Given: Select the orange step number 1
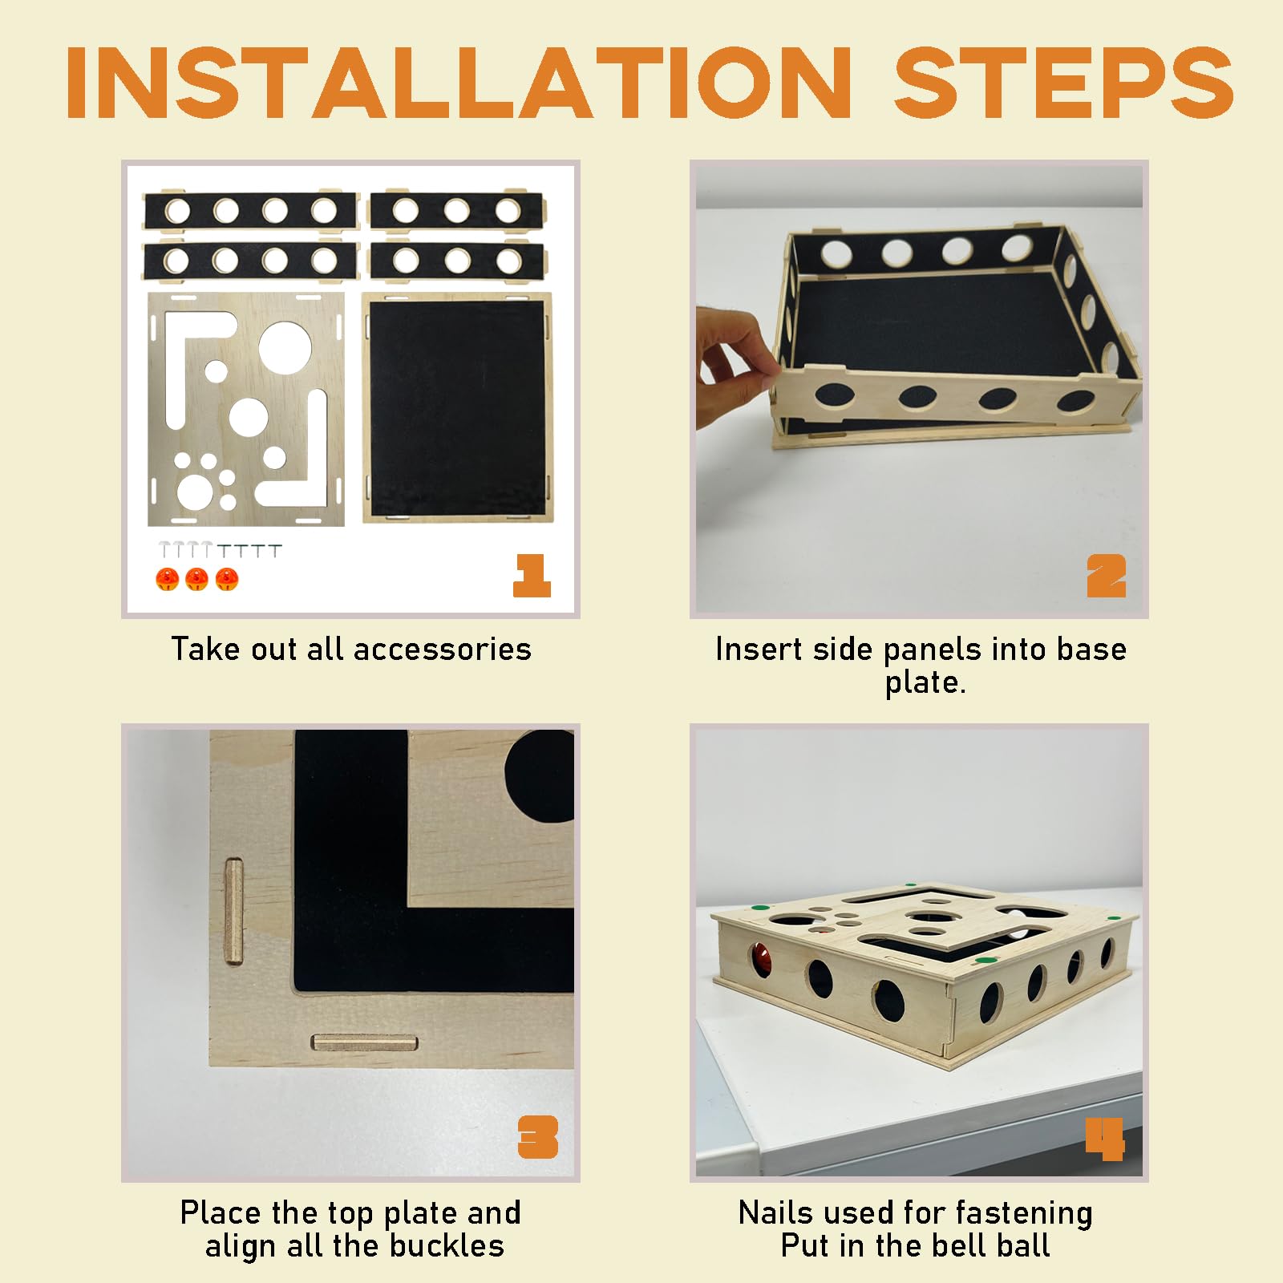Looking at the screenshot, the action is (x=532, y=575).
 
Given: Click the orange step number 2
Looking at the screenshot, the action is (x=1107, y=576).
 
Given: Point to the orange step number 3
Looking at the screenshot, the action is (x=538, y=1137).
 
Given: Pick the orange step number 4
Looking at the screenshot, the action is (x=1105, y=1139).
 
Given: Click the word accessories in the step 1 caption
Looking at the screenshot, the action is (x=442, y=650).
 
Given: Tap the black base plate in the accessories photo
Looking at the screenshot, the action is (x=457, y=409).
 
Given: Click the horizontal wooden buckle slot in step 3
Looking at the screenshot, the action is (x=364, y=1042).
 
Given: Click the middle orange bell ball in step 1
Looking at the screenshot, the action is (x=196, y=579).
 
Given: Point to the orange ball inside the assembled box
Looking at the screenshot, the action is (x=761, y=959).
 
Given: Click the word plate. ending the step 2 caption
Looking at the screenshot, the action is (x=925, y=683).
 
